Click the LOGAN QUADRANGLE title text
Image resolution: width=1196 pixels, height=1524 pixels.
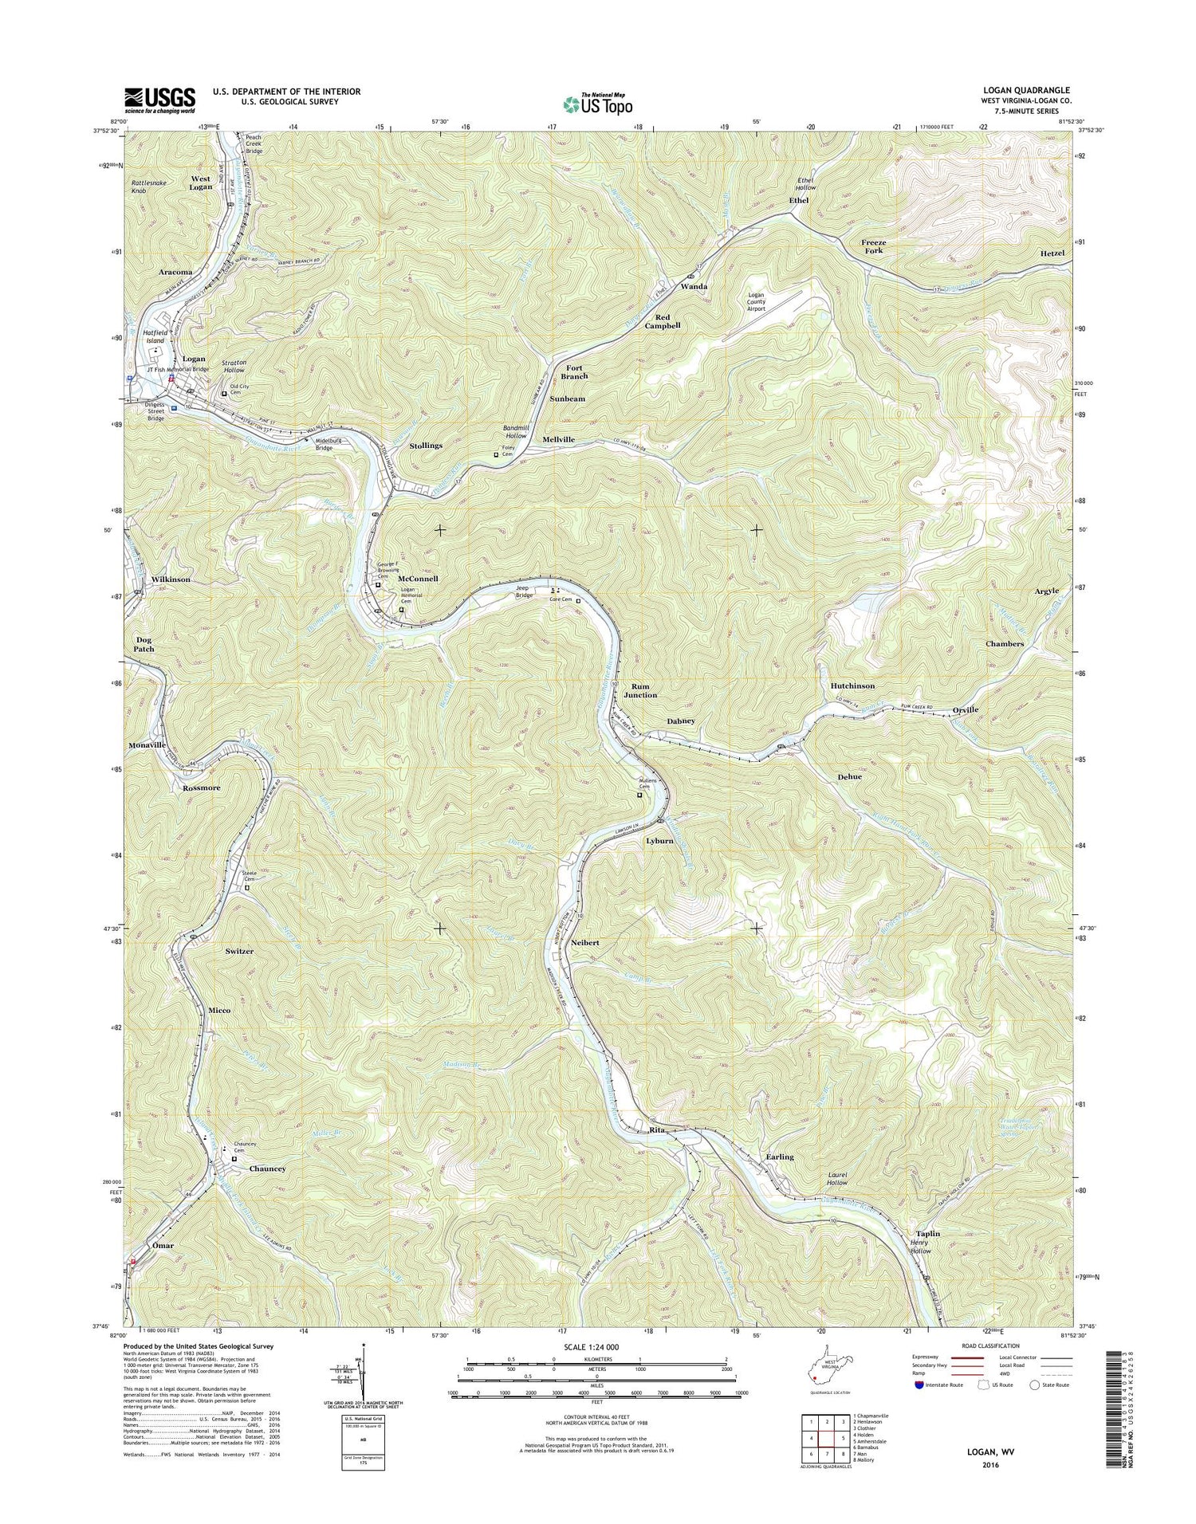point(1028,91)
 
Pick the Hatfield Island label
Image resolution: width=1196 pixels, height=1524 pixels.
point(155,336)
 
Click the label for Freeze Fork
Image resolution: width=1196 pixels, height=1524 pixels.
point(874,246)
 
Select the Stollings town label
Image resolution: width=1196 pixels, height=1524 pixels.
point(425,446)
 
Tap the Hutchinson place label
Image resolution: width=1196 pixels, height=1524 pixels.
point(852,685)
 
